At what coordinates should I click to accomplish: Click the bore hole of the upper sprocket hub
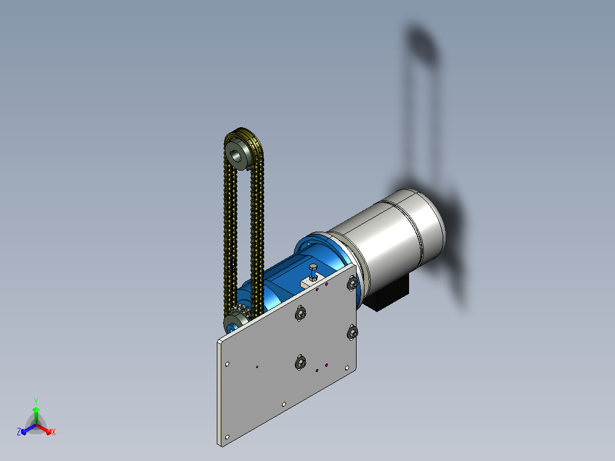coord(236,156)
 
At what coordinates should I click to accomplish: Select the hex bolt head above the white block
coord(313,268)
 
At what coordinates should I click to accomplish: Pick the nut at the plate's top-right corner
coord(353,282)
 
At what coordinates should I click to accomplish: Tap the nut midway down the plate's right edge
coord(352,333)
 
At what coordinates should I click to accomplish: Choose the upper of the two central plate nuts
coord(301,313)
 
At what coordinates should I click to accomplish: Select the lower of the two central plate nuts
coord(300,362)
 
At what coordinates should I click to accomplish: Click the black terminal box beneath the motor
coord(386,293)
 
